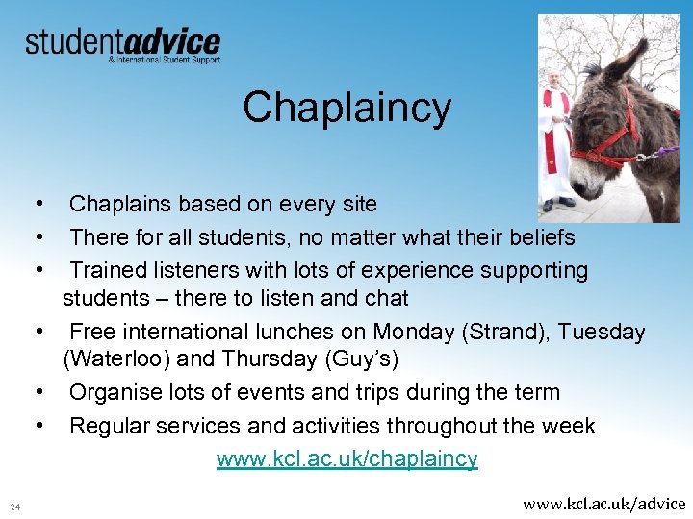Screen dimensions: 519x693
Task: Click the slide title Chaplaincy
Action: [x=346, y=107]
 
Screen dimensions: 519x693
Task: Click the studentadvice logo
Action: [x=122, y=43]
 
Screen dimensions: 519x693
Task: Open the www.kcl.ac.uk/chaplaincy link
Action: [x=346, y=458]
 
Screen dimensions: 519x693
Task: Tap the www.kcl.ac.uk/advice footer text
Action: [x=603, y=503]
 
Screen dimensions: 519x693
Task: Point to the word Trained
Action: [x=110, y=270]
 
